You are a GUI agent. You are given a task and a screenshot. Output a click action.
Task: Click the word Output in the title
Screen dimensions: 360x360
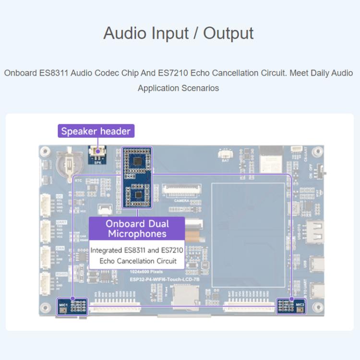click(x=228, y=33)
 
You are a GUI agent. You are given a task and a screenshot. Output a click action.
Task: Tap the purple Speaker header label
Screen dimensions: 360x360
click(x=96, y=131)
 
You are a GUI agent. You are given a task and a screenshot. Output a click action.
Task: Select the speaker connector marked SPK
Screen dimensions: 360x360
click(x=97, y=154)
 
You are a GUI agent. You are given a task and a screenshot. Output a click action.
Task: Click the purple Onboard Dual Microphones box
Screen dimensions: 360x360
click(x=137, y=228)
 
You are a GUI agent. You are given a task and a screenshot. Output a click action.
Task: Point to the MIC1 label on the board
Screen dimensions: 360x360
click(x=63, y=305)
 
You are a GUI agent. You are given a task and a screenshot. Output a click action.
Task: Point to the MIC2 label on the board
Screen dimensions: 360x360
click(x=300, y=305)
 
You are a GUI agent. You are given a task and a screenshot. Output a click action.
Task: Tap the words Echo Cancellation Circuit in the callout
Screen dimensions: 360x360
click(x=138, y=261)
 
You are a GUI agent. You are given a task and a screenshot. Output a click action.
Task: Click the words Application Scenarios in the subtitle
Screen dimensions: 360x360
click(x=178, y=88)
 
